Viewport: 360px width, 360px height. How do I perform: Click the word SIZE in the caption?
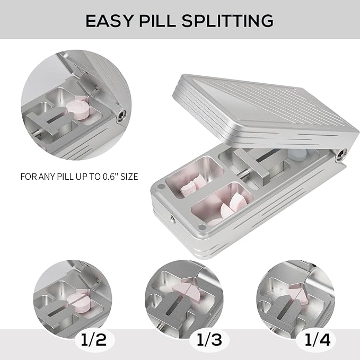127,176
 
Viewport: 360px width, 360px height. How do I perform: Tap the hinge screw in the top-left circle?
123,113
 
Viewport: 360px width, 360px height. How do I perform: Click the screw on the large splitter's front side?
171,217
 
